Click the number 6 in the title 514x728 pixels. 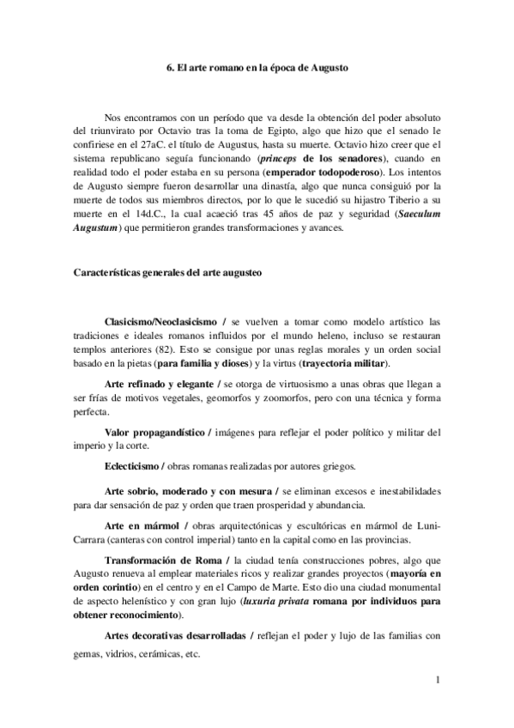[169, 66]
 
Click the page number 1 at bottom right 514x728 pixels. [438, 682]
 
